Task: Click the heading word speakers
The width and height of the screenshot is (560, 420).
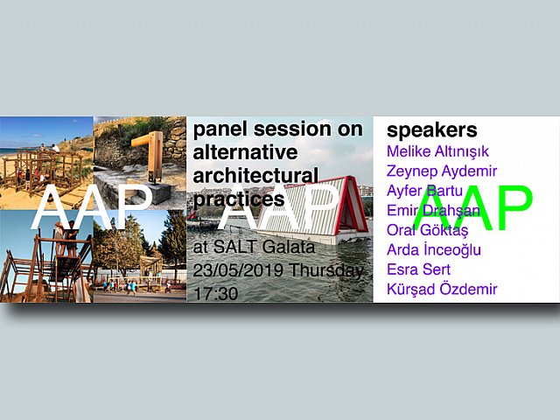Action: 431,130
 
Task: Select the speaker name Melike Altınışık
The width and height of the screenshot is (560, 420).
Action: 437,151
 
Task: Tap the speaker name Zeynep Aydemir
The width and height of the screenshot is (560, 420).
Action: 441,171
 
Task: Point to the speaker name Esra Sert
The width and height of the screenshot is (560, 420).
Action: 418,269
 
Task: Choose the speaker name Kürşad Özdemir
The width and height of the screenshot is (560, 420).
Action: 442,289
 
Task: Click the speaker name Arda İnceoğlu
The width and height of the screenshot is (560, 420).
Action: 434,249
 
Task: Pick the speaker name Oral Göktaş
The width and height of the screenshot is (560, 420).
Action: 427,229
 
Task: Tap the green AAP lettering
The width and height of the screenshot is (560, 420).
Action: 472,208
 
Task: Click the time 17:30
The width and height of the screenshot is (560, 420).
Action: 216,294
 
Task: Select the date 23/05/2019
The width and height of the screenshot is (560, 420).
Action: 238,270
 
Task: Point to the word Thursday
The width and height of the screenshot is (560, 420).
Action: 325,271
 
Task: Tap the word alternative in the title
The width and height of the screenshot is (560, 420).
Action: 245,152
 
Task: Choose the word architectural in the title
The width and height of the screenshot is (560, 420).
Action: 255,176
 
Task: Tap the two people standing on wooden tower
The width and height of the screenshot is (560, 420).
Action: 66,238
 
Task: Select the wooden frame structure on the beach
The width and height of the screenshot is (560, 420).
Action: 43,171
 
